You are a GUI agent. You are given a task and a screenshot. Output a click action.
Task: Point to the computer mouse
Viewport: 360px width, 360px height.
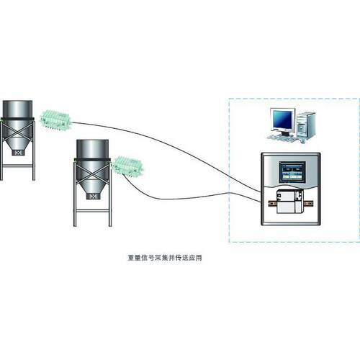(x=303, y=142)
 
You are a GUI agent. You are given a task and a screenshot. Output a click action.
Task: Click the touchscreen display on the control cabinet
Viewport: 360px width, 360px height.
(x=292, y=172)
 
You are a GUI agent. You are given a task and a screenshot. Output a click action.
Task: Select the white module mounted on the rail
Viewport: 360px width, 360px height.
(x=289, y=201)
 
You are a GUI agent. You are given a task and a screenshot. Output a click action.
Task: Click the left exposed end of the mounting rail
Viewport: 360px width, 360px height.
(x=272, y=203)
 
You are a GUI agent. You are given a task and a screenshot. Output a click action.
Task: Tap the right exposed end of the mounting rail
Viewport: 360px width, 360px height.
(x=308, y=204)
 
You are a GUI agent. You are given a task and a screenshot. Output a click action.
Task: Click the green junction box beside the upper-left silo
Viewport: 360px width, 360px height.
(x=55, y=120)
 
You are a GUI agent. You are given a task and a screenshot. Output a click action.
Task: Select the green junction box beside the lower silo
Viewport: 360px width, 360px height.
(x=129, y=166)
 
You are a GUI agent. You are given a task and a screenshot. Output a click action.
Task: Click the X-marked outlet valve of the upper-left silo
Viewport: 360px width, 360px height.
(x=18, y=153)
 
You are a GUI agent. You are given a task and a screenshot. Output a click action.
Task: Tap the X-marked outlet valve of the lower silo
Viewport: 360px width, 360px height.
(x=93, y=197)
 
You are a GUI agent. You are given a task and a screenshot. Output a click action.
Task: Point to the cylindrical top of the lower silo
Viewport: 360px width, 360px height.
(x=92, y=149)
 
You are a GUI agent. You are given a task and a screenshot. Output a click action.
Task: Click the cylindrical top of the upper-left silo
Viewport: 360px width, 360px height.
(x=17, y=109)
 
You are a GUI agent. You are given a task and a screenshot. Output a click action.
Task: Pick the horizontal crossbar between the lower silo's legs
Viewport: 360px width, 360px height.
(x=92, y=211)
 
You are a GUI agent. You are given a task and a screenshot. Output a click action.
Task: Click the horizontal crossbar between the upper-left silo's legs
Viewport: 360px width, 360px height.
(x=17, y=166)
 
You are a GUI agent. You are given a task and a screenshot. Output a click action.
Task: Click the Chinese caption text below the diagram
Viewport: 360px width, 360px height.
(x=164, y=258)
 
